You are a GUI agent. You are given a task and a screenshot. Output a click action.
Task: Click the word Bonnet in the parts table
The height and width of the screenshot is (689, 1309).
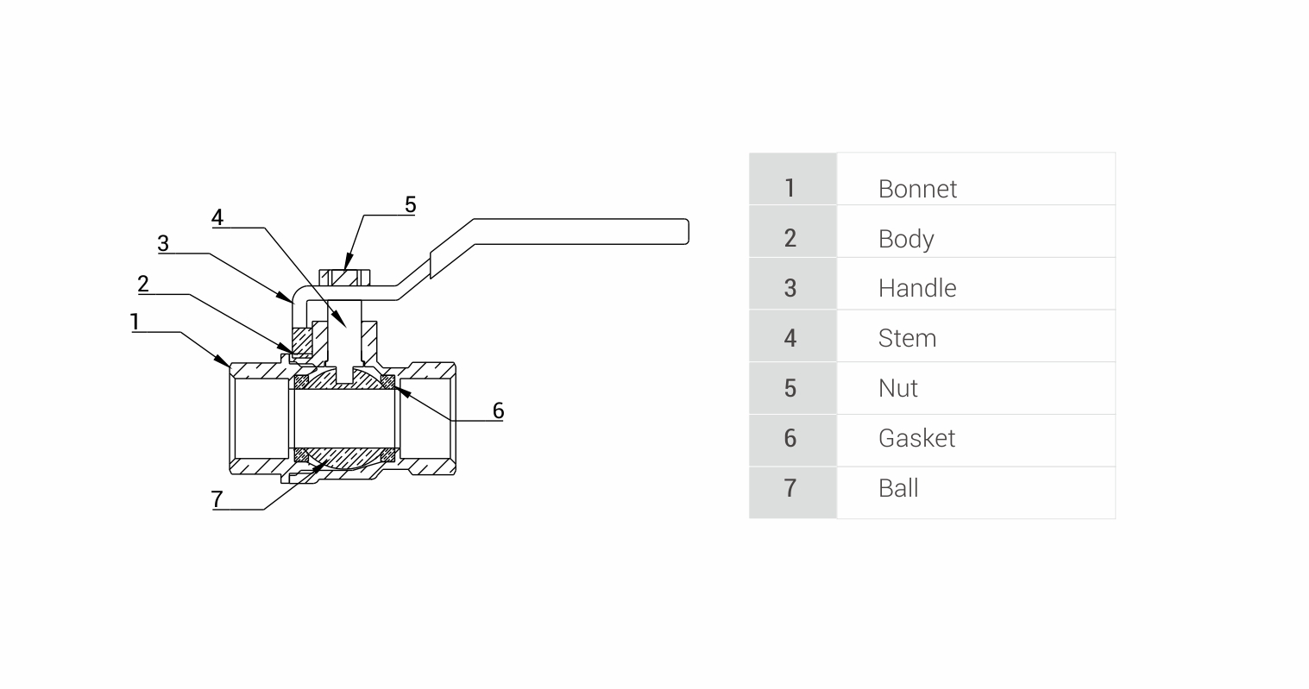click(x=917, y=189)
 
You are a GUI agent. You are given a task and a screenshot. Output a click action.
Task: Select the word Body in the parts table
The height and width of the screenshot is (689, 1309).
click(x=905, y=239)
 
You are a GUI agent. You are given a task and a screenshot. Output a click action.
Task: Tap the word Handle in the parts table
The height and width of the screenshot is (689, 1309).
click(x=916, y=288)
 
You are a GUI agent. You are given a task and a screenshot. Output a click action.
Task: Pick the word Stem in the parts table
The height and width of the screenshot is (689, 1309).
click(x=907, y=338)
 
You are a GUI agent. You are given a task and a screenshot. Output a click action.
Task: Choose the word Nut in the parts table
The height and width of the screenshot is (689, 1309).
click(x=897, y=388)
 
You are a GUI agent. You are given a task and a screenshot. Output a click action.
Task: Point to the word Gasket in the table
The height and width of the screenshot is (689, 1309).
click(x=916, y=438)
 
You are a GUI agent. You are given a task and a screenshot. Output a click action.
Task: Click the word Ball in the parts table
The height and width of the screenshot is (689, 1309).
click(x=897, y=488)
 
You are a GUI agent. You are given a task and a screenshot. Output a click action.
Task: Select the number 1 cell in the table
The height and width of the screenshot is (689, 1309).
click(x=790, y=188)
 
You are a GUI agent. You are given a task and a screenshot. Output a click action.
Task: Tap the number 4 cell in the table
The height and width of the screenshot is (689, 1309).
click(x=790, y=338)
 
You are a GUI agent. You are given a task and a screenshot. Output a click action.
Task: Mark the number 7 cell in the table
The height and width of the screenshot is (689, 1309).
click(x=790, y=488)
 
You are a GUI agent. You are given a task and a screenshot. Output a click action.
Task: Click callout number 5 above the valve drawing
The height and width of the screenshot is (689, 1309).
click(x=410, y=204)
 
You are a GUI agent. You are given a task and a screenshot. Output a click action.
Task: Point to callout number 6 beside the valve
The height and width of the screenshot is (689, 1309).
click(x=498, y=410)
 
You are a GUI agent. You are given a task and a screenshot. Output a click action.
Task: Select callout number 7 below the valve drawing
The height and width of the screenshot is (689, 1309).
click(x=217, y=498)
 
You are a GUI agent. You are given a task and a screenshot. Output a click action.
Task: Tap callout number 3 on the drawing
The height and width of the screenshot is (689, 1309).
click(x=163, y=243)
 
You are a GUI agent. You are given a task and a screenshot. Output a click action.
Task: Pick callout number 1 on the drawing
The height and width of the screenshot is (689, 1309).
click(x=135, y=322)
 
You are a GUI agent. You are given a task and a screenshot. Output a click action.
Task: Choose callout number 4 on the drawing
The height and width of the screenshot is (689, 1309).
click(x=217, y=217)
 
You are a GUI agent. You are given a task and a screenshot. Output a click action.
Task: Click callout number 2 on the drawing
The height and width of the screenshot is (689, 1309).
click(x=143, y=284)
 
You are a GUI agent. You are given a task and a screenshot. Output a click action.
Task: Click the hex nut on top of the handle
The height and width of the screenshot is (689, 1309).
click(x=345, y=278)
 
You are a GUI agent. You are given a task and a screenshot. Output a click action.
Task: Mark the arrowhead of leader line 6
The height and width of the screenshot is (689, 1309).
click(x=398, y=391)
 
